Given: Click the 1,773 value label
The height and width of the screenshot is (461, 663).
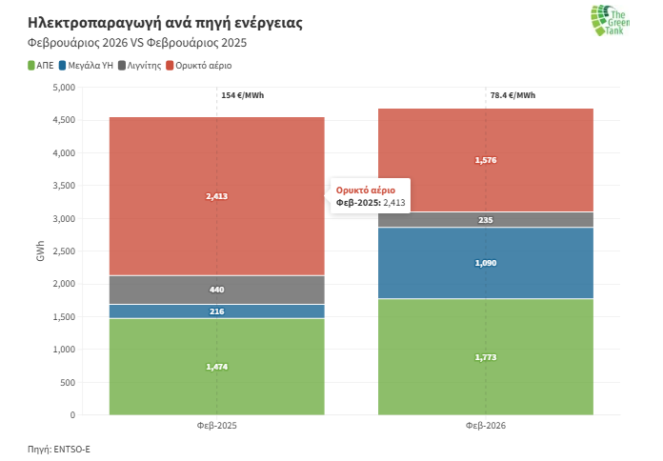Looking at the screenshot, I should [486, 357].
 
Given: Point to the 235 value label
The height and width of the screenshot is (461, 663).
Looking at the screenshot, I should [486, 220].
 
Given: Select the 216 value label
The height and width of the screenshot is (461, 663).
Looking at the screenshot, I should [216, 311].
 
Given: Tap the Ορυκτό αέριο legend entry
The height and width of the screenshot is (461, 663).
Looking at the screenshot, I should [199, 66].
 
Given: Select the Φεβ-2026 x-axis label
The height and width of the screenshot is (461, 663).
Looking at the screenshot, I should [486, 425].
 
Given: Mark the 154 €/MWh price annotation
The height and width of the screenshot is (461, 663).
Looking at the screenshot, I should [242, 95].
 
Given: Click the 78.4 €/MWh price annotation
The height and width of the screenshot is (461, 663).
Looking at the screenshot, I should [512, 95].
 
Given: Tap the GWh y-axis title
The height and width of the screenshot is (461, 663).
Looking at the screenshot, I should [41, 251].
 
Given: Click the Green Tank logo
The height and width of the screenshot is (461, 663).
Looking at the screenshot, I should [608, 21].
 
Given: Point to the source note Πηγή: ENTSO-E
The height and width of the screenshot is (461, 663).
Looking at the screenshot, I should [59, 447].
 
